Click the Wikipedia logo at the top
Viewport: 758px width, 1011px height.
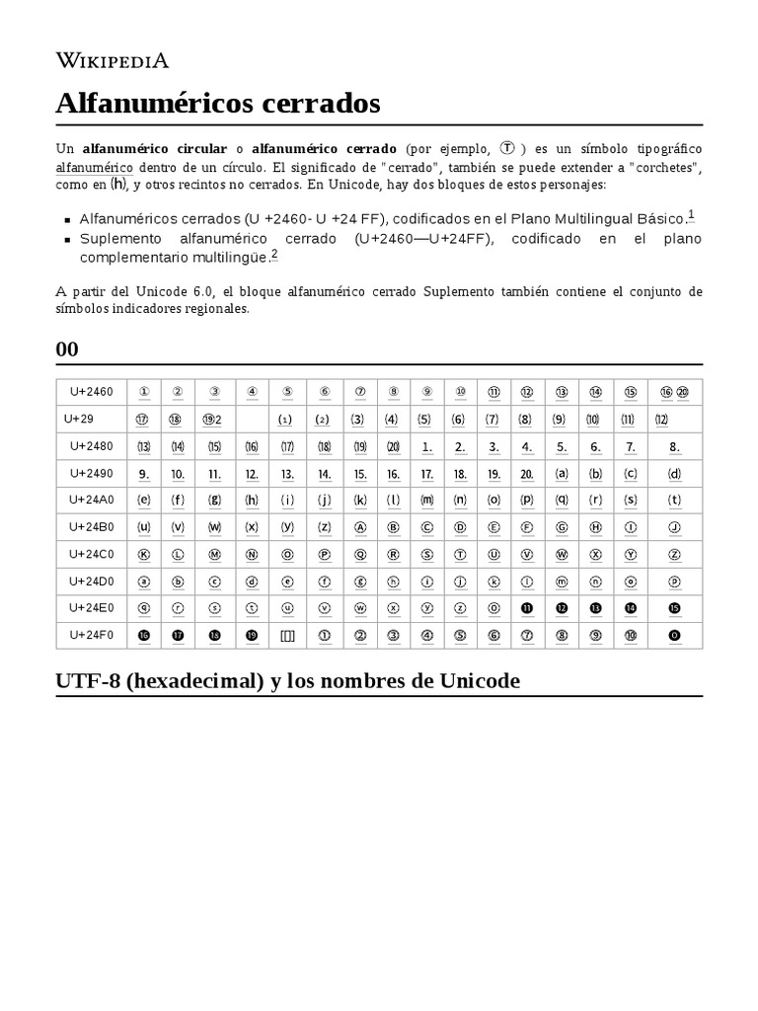pyautogui.click(x=112, y=60)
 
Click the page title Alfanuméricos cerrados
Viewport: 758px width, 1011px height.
pyautogui.click(x=217, y=103)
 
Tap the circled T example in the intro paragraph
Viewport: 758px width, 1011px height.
pyautogui.click(x=506, y=148)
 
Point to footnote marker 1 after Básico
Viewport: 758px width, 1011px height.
pyautogui.click(x=691, y=214)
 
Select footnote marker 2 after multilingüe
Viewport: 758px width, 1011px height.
pyautogui.click(x=274, y=254)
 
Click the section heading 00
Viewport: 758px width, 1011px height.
pyautogui.click(x=67, y=350)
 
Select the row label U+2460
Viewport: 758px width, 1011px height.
pyautogui.click(x=91, y=392)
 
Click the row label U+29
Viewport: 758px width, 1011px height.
pyautogui.click(x=79, y=419)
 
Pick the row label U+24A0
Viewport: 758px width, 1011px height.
pyautogui.click(x=91, y=500)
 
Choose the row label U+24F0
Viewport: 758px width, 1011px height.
pyautogui.click(x=91, y=635)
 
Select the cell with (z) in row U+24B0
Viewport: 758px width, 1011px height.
pyautogui.click(x=323, y=527)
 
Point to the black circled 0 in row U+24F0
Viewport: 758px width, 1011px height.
pyautogui.click(x=674, y=635)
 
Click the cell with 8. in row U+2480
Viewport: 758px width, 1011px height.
pyautogui.click(x=674, y=446)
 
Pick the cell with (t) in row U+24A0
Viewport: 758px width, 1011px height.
pyautogui.click(x=674, y=500)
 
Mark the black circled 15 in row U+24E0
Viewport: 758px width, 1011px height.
pyautogui.click(x=674, y=608)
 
